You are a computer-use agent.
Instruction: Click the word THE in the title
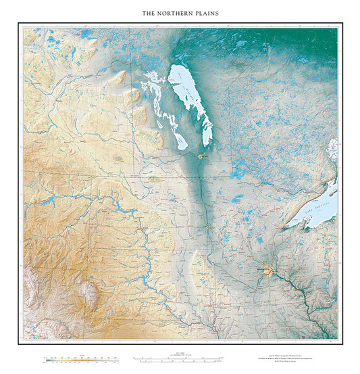click(x=148, y=13)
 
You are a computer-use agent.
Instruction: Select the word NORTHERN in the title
click(x=174, y=13)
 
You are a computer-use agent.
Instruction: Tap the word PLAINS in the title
click(x=206, y=13)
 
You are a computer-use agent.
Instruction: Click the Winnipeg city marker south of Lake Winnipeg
click(x=201, y=157)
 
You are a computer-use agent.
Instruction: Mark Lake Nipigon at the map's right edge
click(x=332, y=150)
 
